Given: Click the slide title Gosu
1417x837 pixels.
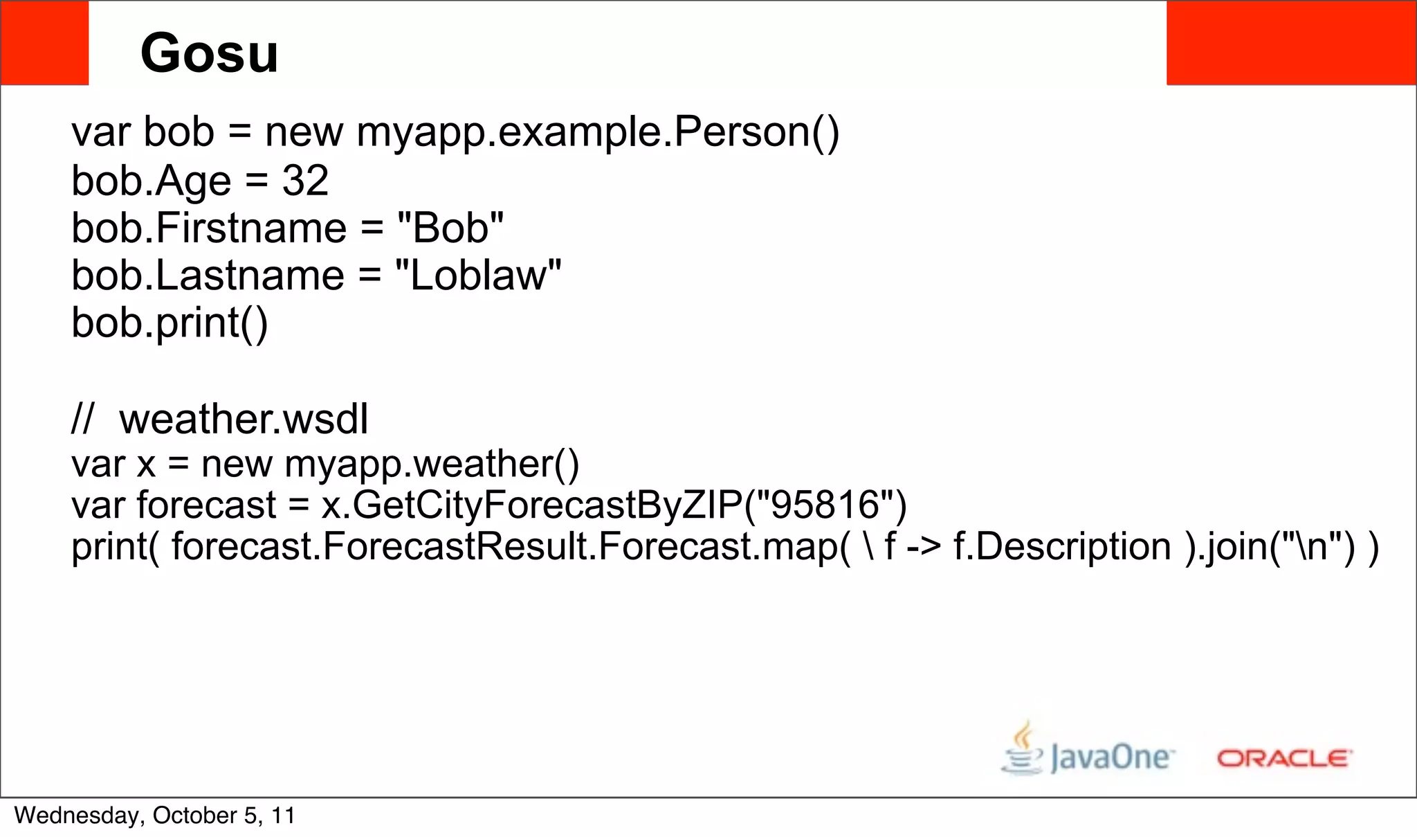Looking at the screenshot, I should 209,53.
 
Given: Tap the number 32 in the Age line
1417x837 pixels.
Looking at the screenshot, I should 305,181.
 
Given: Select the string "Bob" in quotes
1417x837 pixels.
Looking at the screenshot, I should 450,228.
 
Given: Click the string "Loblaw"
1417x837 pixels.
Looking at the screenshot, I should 478,276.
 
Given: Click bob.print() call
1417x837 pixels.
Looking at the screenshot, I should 170,323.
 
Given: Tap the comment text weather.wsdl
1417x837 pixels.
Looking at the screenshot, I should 244,419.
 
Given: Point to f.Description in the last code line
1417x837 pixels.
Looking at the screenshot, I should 1061,546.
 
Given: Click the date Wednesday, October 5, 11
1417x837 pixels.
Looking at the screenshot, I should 155,816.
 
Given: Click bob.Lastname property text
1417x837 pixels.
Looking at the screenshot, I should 208,276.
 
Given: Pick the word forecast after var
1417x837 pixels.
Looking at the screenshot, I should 206,505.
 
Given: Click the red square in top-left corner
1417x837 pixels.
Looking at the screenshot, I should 44,43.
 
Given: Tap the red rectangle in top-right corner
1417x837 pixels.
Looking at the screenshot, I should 1291,43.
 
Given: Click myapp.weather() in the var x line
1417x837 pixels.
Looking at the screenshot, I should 432,463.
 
